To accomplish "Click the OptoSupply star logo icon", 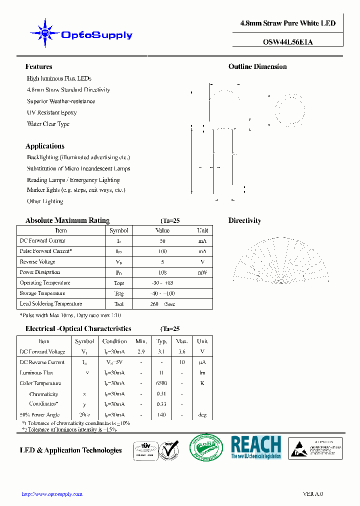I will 45,33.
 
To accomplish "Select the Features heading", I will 38,66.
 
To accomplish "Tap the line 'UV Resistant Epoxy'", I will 51,112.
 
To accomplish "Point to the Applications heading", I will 44,146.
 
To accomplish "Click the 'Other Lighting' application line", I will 45,201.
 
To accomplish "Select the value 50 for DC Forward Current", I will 162,241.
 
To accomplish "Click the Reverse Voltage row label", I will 37,262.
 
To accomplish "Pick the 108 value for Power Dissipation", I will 162,272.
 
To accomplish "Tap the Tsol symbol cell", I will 118,304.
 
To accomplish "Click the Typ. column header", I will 161,341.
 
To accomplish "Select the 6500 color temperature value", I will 161,383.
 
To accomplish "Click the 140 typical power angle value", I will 161,415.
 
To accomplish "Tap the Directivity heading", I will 244,220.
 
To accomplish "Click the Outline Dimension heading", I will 257,66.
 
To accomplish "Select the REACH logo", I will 256,447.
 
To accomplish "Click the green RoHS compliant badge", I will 206,447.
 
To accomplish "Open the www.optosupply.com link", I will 52,494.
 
